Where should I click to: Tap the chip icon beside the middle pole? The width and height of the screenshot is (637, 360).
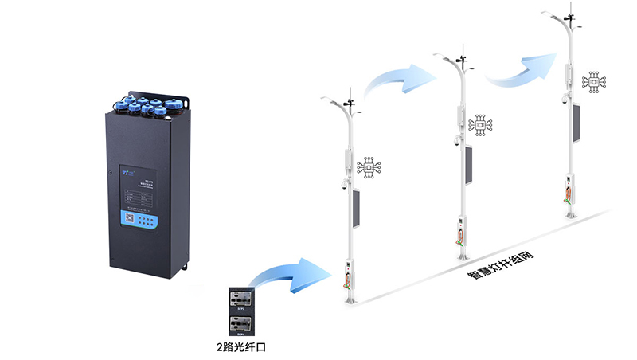(x=482, y=125)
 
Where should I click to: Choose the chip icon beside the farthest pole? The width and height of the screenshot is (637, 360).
(x=593, y=82)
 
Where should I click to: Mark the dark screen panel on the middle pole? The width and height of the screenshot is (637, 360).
(x=468, y=165)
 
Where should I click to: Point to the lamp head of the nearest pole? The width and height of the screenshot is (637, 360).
(x=329, y=99)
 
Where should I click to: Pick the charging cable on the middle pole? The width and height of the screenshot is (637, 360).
(x=460, y=236)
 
